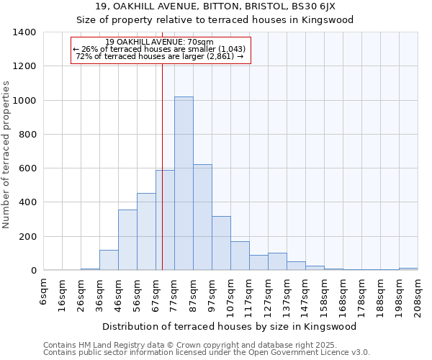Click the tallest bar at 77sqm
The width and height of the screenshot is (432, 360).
tap(184, 184)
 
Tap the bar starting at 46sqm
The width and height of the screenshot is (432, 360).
tap(127, 240)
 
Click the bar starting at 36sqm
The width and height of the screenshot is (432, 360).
tap(109, 260)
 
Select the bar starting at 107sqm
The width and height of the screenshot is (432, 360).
tap(240, 256)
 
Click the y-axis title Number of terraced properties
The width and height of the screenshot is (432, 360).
tap(7, 155)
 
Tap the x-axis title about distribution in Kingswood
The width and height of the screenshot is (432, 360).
tap(230, 326)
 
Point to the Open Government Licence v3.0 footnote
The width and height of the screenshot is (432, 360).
tap(207, 353)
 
